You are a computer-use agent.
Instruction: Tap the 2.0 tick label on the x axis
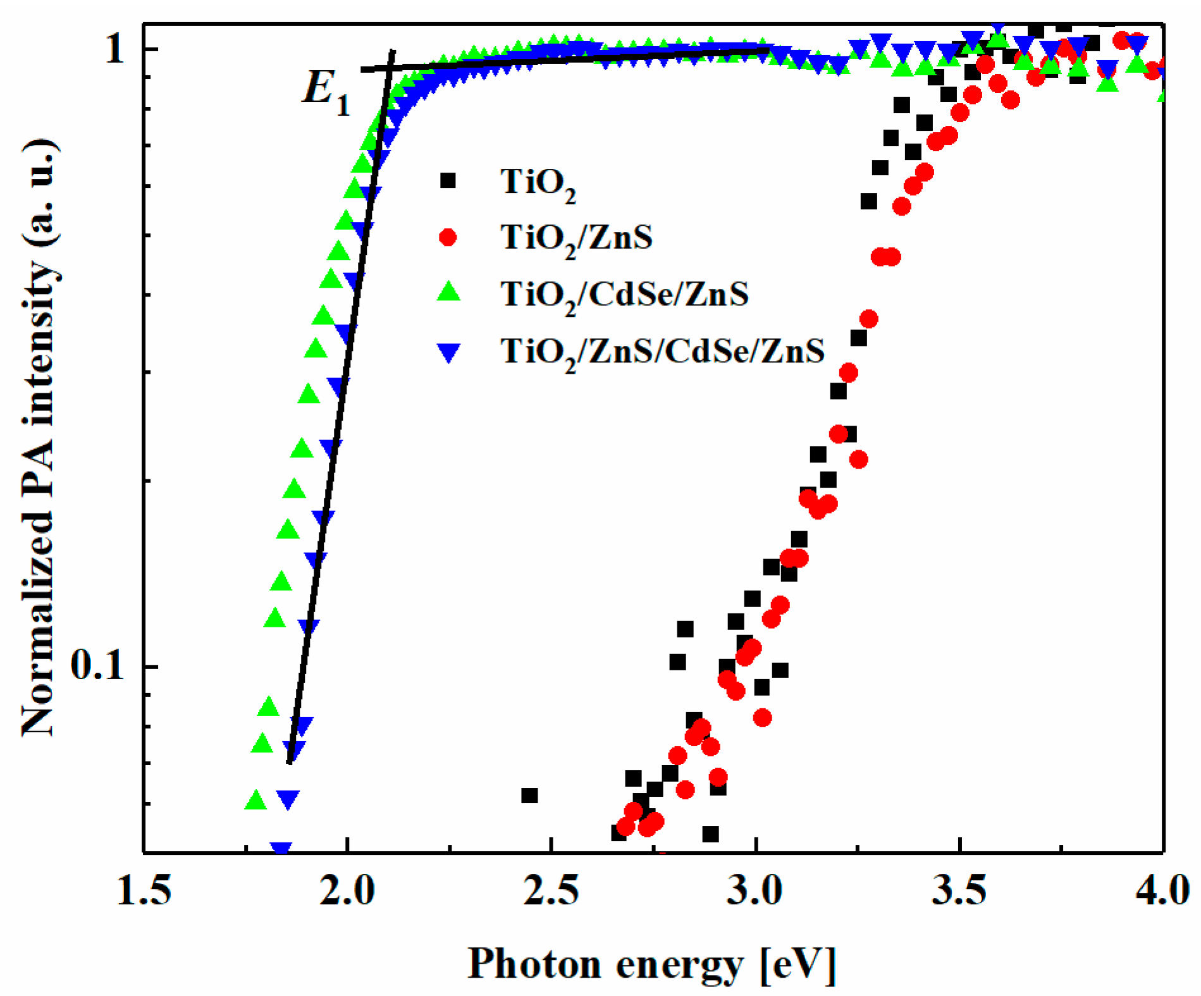(347, 890)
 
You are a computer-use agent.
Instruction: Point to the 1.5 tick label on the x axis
(144, 890)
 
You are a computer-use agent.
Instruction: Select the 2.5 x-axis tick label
(551, 890)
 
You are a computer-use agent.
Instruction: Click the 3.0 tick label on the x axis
(755, 890)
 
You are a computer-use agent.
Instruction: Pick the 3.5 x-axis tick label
(959, 890)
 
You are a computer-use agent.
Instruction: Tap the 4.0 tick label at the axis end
(1162, 890)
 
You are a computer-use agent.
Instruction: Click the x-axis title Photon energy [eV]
(652, 965)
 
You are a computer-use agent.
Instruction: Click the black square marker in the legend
(448, 181)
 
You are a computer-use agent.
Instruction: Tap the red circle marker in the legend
(448, 238)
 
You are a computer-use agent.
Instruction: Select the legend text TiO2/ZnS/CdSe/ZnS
(662, 352)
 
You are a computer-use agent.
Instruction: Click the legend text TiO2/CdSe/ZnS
(624, 295)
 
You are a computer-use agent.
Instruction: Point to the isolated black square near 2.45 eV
(529, 795)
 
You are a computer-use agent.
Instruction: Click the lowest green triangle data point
(256, 801)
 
